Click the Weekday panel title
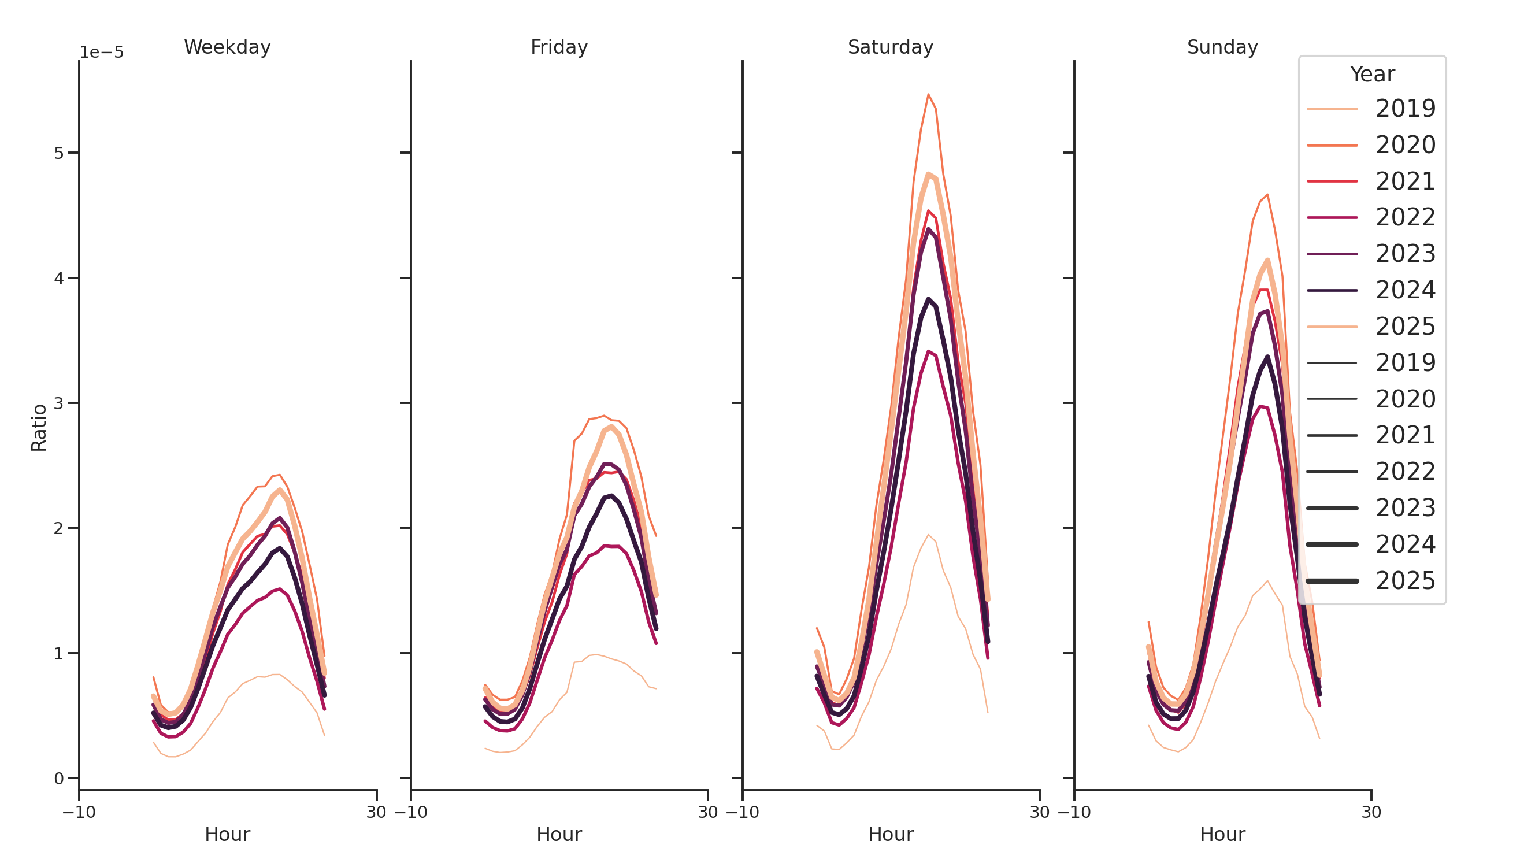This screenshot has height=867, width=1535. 227,47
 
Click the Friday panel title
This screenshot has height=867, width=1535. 558,47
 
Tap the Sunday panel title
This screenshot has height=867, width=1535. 1222,47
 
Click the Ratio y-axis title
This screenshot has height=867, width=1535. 39,427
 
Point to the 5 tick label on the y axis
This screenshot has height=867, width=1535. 58,153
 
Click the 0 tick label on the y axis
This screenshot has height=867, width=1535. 58,778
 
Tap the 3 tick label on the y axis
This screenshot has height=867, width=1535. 58,403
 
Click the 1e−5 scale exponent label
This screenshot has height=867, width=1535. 101,53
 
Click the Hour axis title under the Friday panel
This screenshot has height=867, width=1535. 558,833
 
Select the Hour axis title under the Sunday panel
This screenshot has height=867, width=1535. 1222,833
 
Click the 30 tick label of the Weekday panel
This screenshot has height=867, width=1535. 376,812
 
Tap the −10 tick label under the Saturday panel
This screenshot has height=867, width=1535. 743,812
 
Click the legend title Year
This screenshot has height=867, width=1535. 1371,75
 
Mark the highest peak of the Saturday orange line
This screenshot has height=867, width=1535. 928,94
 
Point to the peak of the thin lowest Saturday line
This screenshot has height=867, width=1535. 928,535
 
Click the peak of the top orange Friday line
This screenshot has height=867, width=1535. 603,416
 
